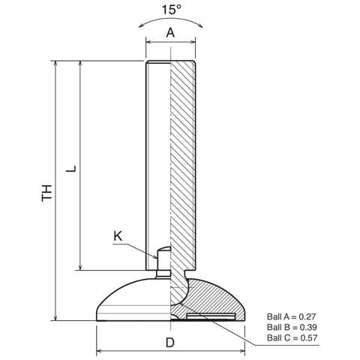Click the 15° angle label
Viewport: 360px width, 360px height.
pyautogui.click(x=172, y=10)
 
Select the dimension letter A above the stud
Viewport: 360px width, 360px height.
pyautogui.click(x=170, y=32)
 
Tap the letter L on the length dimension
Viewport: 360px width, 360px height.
pyautogui.click(x=71, y=169)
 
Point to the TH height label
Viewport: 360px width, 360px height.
pyautogui.click(x=47, y=193)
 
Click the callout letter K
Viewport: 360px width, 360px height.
pyautogui.click(x=118, y=236)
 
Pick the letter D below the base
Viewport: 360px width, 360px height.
pyautogui.click(x=170, y=342)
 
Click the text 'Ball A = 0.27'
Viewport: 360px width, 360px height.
pyautogui.click(x=292, y=316)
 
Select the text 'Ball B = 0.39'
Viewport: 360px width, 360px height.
pyautogui.click(x=292, y=327)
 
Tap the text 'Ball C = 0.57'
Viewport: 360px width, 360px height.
pyautogui.click(x=292, y=337)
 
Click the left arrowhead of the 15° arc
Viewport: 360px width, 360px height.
pyautogui.click(x=141, y=25)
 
